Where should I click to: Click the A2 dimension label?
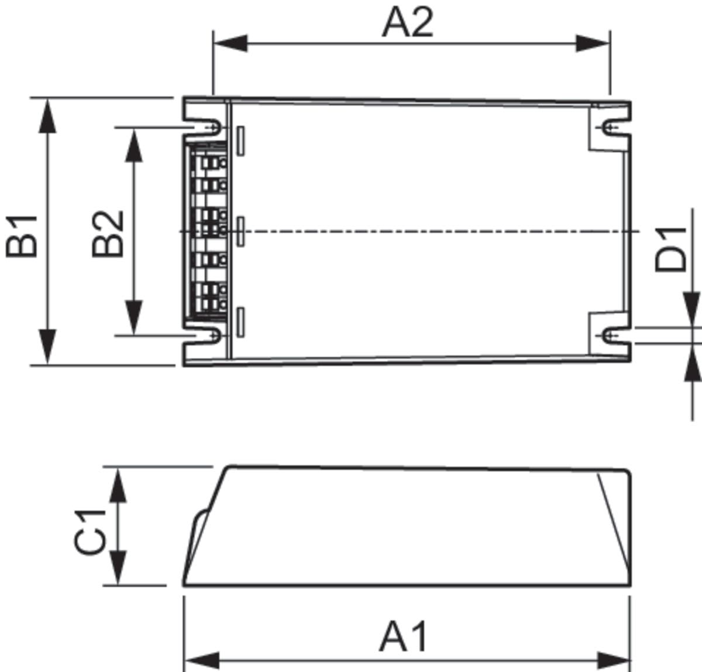[408, 23]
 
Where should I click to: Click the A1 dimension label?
[404, 637]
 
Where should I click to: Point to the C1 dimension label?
[90, 532]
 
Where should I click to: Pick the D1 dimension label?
[670, 249]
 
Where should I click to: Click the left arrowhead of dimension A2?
[230, 43]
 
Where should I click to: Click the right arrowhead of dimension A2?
[593, 43]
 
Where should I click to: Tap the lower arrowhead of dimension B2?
[134, 317]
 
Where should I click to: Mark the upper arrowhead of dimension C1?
[118, 485]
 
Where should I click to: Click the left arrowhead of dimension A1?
[201, 659]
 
